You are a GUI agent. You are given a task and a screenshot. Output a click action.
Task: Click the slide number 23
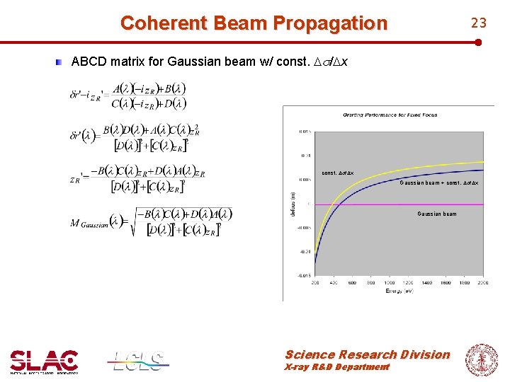pyautogui.click(x=479, y=23)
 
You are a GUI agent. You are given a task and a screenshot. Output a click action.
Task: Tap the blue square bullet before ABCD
pyautogui.click(x=62, y=62)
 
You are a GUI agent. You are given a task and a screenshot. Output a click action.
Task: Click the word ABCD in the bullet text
pyautogui.click(x=89, y=62)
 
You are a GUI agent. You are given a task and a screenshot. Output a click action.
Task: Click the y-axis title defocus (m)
pyautogui.click(x=293, y=204)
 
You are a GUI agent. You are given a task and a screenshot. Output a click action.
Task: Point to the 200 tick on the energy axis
pyautogui.click(x=314, y=282)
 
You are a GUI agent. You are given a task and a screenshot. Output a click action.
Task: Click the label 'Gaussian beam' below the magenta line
pyautogui.click(x=437, y=214)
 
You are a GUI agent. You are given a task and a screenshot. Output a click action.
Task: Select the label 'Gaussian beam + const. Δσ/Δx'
pyautogui.click(x=438, y=183)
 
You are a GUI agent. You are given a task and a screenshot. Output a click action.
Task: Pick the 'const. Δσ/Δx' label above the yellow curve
pyautogui.click(x=338, y=173)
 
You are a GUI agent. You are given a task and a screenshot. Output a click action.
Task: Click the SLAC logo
pyautogui.click(x=44, y=361)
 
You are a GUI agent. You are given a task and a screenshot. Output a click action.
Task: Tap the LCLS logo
pyautogui.click(x=139, y=361)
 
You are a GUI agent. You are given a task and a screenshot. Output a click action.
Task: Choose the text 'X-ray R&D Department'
pyautogui.click(x=336, y=367)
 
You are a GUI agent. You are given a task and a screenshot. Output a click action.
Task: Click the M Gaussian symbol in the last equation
pyautogui.click(x=88, y=223)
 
